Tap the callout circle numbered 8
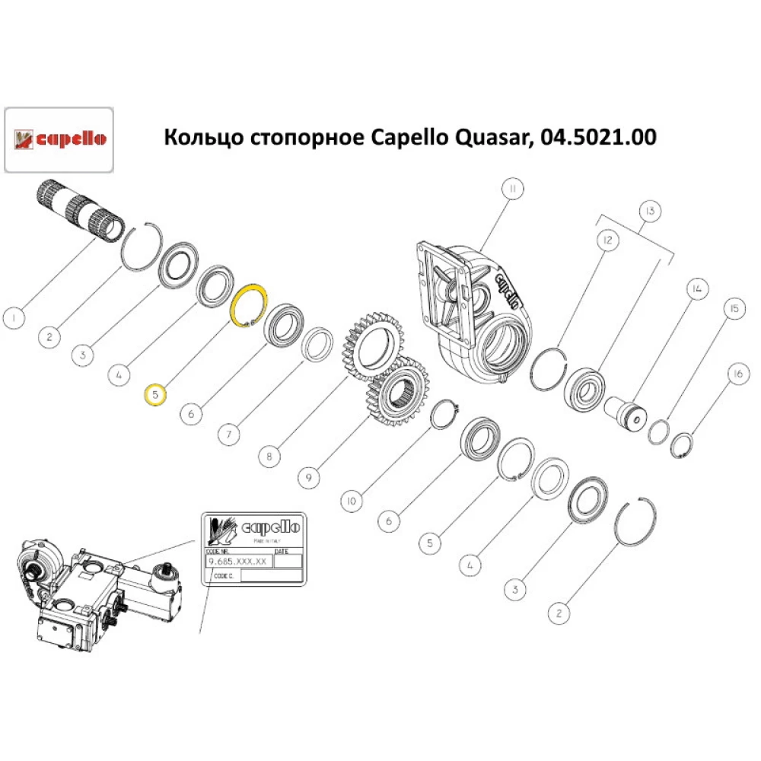(269, 457)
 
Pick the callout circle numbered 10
(350, 501)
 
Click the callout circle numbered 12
(607, 241)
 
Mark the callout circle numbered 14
(696, 288)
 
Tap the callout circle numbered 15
(734, 309)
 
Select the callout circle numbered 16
(737, 374)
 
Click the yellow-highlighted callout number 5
(155, 395)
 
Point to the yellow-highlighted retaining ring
(249, 307)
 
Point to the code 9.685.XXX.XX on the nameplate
(237, 561)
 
